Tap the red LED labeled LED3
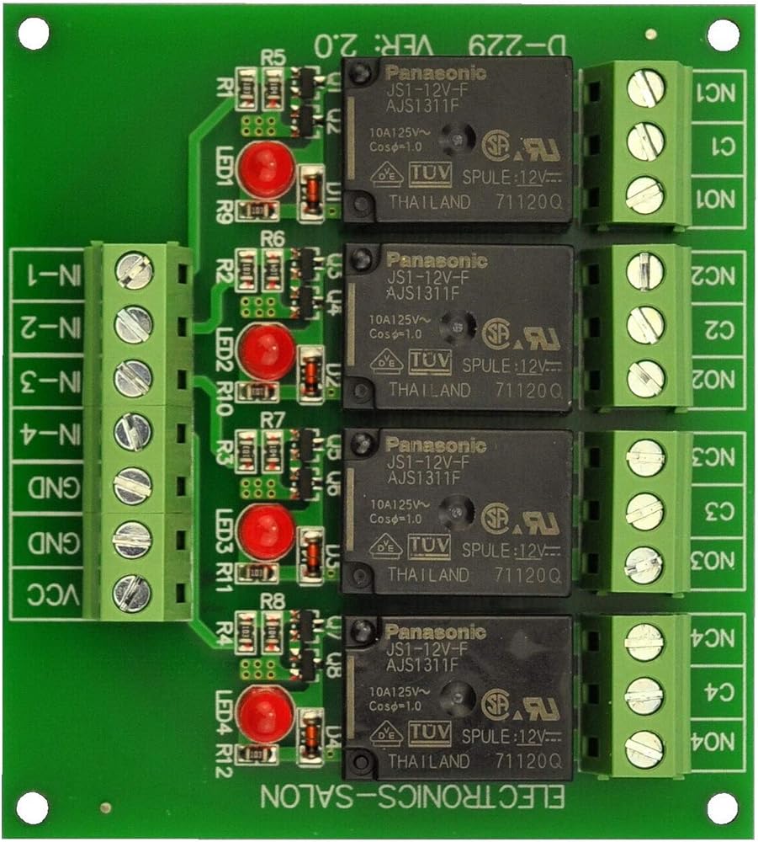point(267,531)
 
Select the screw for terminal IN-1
point(133,270)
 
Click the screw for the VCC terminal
point(133,592)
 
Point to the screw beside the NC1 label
point(645,88)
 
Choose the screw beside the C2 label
point(645,324)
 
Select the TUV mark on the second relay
point(429,362)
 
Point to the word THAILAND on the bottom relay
point(428,761)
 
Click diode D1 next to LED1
point(311,187)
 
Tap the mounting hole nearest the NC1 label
point(723,35)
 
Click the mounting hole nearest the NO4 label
point(723,807)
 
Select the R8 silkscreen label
point(273,603)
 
